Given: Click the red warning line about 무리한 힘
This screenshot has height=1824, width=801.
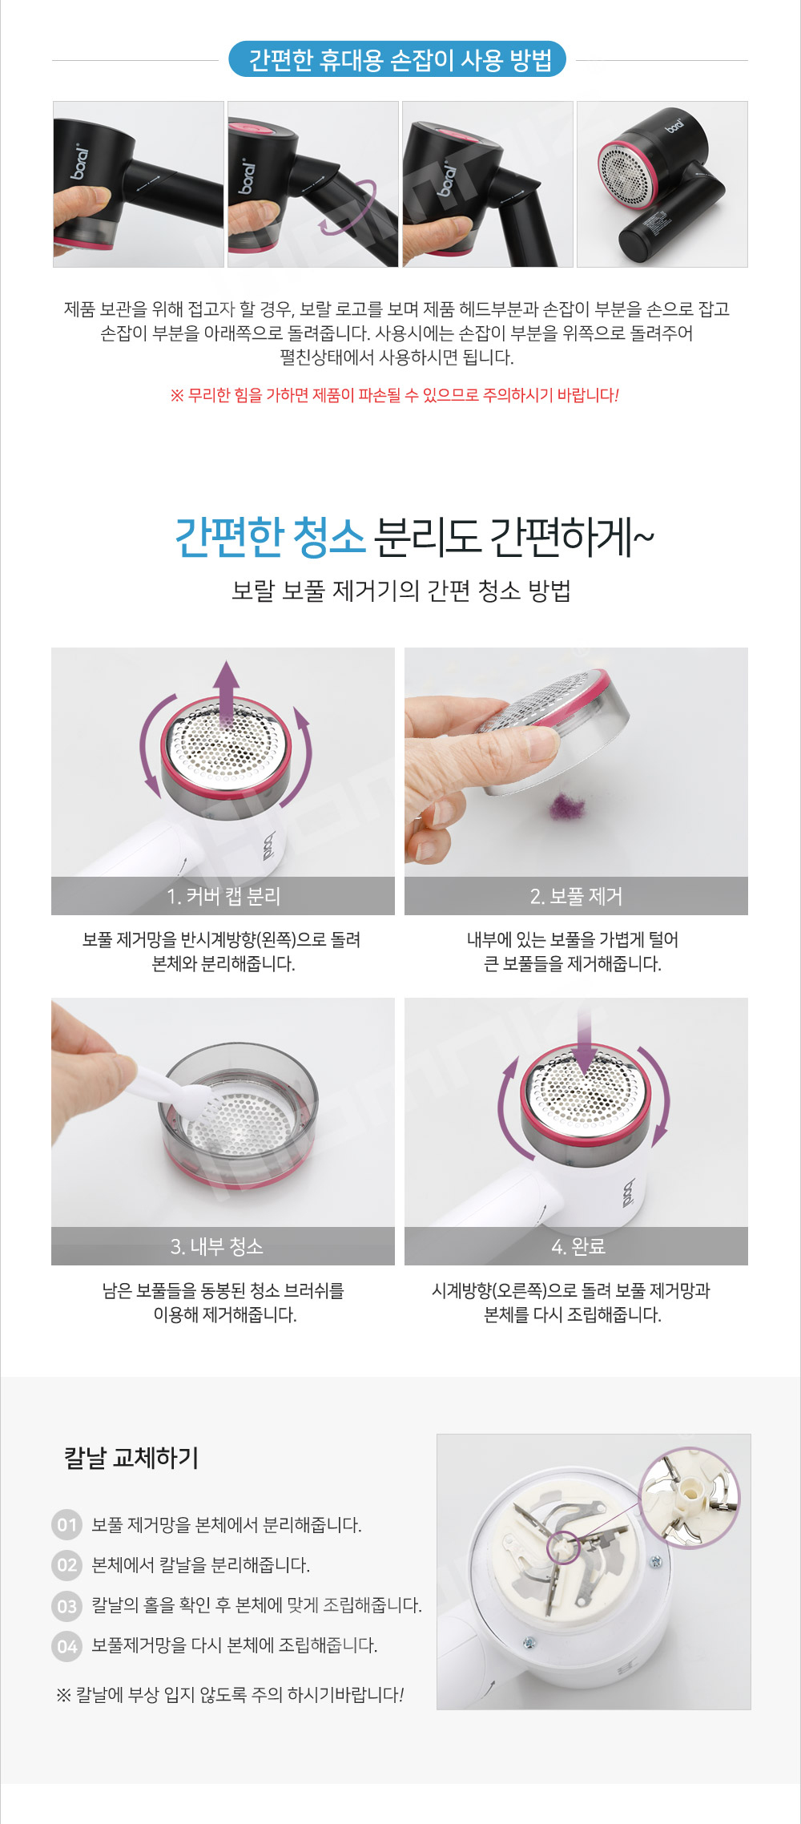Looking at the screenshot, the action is pyautogui.click(x=395, y=395).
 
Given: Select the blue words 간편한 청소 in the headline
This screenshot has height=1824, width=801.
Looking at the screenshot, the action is pyautogui.click(x=270, y=537).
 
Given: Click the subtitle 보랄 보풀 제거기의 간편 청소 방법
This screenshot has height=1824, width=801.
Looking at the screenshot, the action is pyautogui.click(x=400, y=591).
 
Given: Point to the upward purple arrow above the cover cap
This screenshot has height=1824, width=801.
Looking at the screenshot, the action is pyautogui.click(x=227, y=692).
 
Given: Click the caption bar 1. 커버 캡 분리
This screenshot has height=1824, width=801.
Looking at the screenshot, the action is pyautogui.click(x=223, y=896).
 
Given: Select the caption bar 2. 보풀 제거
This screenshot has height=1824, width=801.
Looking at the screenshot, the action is pyautogui.click(x=576, y=896).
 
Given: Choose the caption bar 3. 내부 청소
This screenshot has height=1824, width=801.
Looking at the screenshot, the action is pyautogui.click(x=223, y=1246).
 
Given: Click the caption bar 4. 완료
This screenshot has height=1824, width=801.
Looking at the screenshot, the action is pyautogui.click(x=576, y=1246).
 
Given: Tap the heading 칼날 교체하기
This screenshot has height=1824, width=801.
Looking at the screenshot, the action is pyautogui.click(x=131, y=1458).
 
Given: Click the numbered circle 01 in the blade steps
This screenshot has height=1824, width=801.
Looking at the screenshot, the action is pyautogui.click(x=67, y=1524).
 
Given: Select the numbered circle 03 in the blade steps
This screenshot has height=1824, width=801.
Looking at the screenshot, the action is pyautogui.click(x=67, y=1605).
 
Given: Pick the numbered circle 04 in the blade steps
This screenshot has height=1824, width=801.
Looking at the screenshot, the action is pyautogui.click(x=67, y=1646).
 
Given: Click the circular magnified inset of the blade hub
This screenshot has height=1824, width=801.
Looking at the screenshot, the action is pyautogui.click(x=689, y=1496).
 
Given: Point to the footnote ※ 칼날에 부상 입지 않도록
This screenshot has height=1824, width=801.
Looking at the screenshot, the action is pyautogui.click(x=230, y=1695).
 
